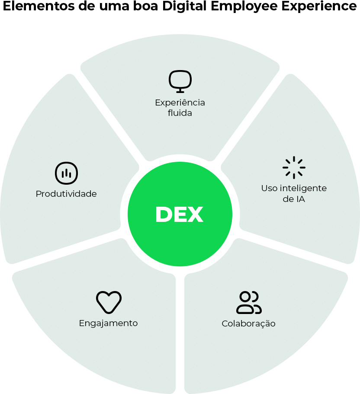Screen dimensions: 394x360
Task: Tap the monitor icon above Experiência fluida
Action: [x=180, y=81]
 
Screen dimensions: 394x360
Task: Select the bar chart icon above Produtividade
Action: [x=66, y=173]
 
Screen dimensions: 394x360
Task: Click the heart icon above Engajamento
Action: [x=109, y=302]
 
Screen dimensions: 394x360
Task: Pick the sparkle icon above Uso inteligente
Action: [x=294, y=167]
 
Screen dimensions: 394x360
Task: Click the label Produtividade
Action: [x=66, y=194]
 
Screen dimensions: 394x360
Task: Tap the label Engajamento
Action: [x=108, y=323]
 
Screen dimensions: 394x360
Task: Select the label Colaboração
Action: [x=248, y=324]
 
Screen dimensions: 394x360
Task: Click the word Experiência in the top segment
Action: [x=180, y=103]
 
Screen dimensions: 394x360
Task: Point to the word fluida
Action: [x=180, y=113]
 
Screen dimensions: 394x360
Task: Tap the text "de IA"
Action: [x=294, y=199]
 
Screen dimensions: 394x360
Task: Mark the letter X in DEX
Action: [x=195, y=215]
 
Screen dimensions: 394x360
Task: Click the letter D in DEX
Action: [x=164, y=215]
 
